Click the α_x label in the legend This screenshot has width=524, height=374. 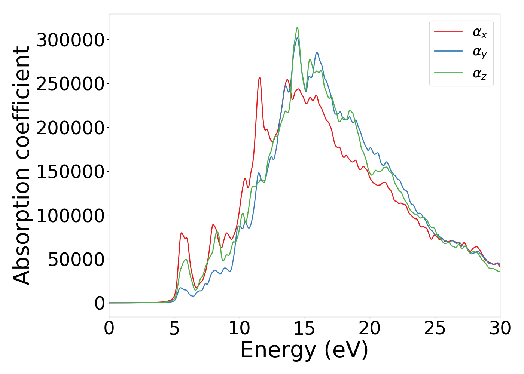tap(479, 33)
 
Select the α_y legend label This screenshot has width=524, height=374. tap(479, 53)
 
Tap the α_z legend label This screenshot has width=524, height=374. tap(479, 74)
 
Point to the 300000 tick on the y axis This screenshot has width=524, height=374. tap(70, 40)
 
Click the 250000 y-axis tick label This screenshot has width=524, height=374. tap(70, 83)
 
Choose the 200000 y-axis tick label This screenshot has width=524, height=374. tap(70, 128)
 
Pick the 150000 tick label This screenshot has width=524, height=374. tap(70, 171)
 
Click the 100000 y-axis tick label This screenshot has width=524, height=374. tap(70, 215)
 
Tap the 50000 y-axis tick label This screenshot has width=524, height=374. tap(76, 259)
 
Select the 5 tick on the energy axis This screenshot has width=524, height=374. tap(174, 329)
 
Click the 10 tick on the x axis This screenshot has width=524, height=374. tap(240, 329)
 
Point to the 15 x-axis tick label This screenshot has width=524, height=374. tap(305, 329)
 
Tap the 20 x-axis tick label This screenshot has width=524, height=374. tap(370, 329)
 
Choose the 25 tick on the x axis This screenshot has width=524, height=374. tap(435, 329)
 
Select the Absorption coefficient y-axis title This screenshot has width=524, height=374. tap(21, 165)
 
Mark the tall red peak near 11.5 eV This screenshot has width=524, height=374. tap(259, 77)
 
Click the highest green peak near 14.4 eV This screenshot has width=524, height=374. tap(297, 28)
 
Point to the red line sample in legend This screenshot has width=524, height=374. tap(448, 31)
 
